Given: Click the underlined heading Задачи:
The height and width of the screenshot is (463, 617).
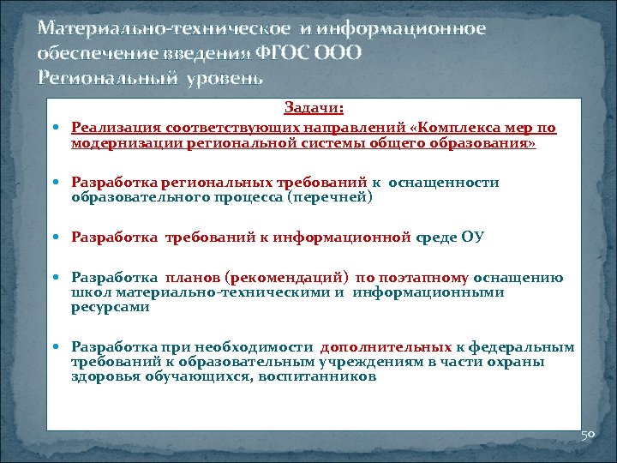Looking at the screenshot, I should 314,109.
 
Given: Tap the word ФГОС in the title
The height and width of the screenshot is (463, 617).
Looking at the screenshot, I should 283,53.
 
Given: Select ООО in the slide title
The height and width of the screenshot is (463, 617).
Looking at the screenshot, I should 338,53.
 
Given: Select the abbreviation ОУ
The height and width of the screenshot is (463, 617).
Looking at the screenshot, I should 473,237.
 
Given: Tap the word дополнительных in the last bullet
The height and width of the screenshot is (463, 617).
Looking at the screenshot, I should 386,347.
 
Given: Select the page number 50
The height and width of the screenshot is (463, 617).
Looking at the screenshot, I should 587,435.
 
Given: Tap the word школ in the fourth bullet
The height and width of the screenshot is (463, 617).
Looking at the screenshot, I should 87,292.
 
